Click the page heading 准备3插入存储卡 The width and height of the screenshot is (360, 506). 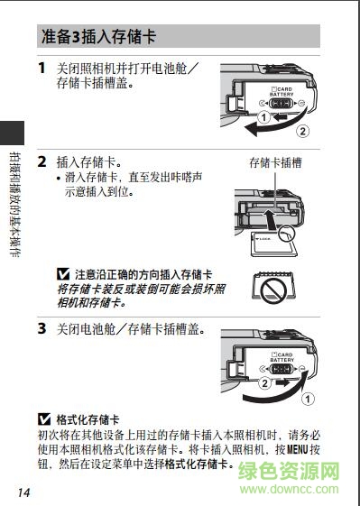tap(98, 37)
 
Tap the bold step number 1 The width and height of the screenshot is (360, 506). tap(42, 68)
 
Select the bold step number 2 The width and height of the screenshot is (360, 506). tap(42, 162)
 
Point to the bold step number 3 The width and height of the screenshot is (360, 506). tap(42, 329)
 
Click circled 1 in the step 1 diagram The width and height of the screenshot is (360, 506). tap(263, 117)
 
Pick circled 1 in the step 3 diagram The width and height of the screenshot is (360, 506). tap(308, 397)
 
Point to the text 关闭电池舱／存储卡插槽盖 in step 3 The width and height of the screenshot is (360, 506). tap(131, 329)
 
